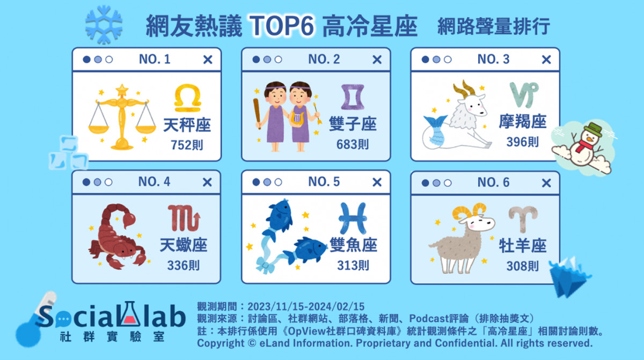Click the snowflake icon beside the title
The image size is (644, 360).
[104, 25]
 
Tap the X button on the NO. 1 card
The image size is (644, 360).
[208, 60]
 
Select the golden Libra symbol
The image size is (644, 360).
[187, 98]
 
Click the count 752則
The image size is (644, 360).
[187, 145]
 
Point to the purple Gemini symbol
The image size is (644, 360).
[353, 97]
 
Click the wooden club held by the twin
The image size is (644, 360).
[257, 113]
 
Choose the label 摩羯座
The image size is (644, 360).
[522, 121]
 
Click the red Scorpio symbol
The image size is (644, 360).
[184, 218]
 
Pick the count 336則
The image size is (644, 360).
[184, 266]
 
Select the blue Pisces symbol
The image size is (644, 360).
[353, 218]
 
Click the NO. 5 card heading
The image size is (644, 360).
[324, 181]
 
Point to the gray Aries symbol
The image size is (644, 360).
[523, 218]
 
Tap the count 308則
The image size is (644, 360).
[522, 266]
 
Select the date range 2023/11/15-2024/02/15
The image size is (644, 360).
[306, 306]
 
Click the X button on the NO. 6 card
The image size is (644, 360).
[546, 183]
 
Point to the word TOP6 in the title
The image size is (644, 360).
[282, 26]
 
